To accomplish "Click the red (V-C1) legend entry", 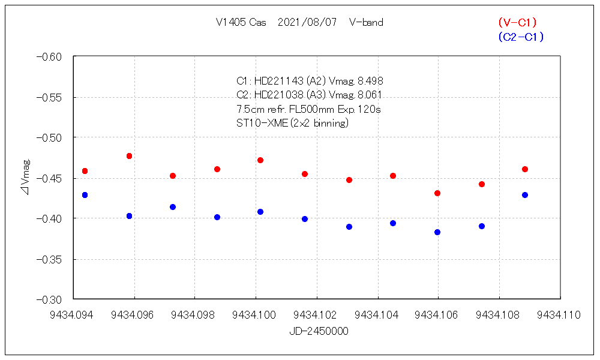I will (x=517, y=23).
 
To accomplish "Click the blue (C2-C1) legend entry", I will (x=520, y=37).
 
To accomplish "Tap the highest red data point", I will (x=129, y=156).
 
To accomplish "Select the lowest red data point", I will (x=437, y=193).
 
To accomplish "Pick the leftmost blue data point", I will (x=85, y=195).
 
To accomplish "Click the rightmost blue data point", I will (x=525, y=195).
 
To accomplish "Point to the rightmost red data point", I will (x=525, y=169).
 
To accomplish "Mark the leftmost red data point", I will (x=85, y=171).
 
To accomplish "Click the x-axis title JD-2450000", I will (x=319, y=331).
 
